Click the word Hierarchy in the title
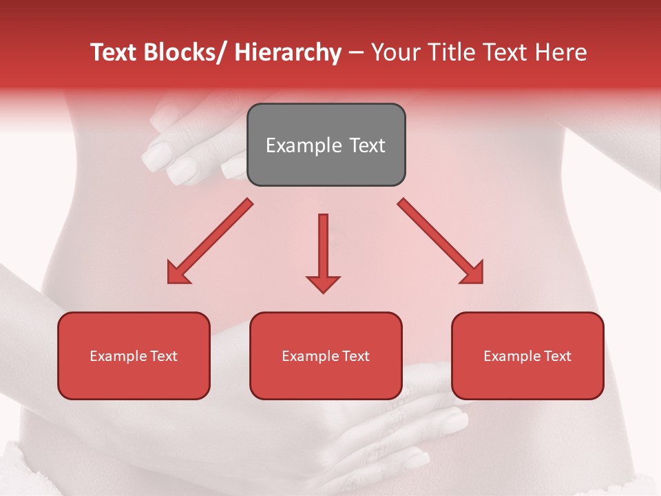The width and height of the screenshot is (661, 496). (288, 53)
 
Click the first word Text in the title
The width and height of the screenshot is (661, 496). (114, 53)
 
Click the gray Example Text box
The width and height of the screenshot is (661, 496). (326, 145)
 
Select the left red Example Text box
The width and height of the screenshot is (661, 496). (134, 355)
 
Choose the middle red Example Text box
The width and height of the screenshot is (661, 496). (326, 355)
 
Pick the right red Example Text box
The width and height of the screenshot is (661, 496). (527, 355)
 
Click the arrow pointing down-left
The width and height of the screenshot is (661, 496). (210, 241)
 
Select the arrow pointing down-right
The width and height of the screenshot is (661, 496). (441, 241)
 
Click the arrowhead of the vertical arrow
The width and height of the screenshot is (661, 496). (323, 283)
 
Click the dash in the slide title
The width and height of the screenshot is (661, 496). (356, 53)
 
